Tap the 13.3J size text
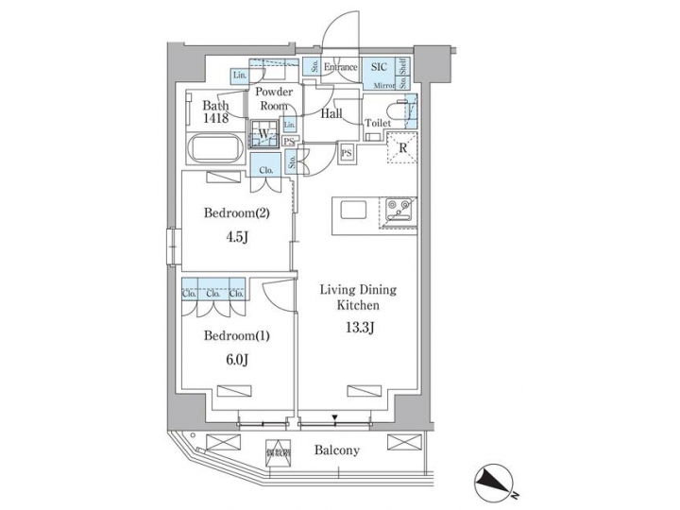pyautogui.click(x=358, y=330)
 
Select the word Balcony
pyautogui.click(x=337, y=450)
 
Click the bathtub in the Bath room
pyautogui.click(x=216, y=149)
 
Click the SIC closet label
pyautogui.click(x=379, y=67)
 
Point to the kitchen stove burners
pyautogui.click(x=397, y=205)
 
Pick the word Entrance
pyautogui.click(x=340, y=67)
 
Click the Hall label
pyautogui.click(x=331, y=113)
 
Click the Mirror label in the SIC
pyautogui.click(x=383, y=85)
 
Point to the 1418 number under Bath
pyautogui.click(x=215, y=119)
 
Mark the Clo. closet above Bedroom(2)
pyautogui.click(x=266, y=171)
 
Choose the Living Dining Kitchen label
pyautogui.click(x=358, y=298)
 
